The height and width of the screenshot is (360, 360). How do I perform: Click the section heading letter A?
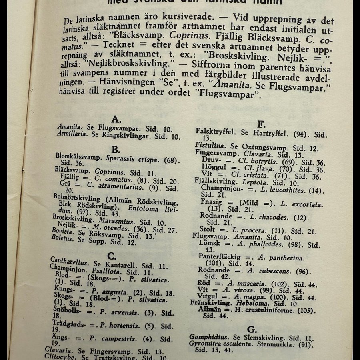pyautogui.click(x=116, y=119)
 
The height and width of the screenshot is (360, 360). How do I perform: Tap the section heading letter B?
pyautogui.click(x=116, y=150)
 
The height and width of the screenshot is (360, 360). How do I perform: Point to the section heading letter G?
pyautogui.click(x=252, y=329)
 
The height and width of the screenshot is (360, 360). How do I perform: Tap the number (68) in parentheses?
pyautogui.click(x=171, y=160)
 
